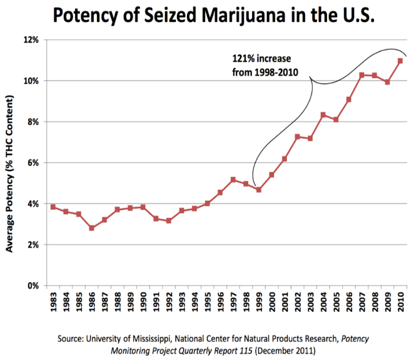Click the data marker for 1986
tap(91, 228)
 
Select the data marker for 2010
tap(400, 61)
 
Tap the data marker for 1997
tap(233, 180)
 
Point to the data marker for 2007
tap(361, 75)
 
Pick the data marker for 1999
tap(258, 190)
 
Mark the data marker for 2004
tap(323, 115)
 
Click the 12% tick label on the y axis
tap(31, 40)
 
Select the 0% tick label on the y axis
tap(33, 286)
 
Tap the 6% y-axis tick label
tap(33, 162)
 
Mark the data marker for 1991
tap(156, 219)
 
